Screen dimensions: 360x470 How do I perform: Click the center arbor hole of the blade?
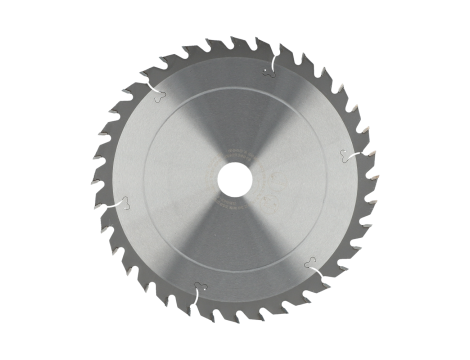pyautogui.click(x=234, y=178)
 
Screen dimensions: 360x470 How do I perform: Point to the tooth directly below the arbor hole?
pyautogui.click(x=236, y=319)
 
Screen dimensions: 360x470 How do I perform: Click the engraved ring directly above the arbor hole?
pyautogui.click(x=234, y=88)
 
